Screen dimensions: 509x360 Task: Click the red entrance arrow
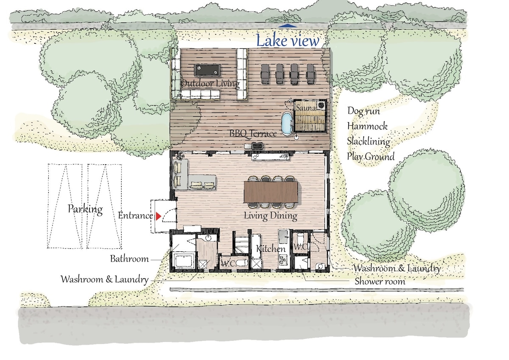point(158,216)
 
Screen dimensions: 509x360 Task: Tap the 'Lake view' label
point(288,40)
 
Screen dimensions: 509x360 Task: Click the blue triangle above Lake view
point(288,26)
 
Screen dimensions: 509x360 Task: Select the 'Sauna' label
point(306,107)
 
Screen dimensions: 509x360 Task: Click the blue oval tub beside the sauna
point(287,123)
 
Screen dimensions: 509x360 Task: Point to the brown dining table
point(271,192)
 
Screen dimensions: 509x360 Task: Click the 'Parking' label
point(85,209)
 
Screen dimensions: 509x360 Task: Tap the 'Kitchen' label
point(271,249)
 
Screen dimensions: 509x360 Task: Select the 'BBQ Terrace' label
point(253,133)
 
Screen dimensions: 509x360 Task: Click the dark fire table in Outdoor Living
point(207,70)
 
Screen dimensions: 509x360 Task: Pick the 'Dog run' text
point(364,111)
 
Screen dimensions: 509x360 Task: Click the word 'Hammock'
point(367,126)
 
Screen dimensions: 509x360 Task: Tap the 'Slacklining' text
point(368,141)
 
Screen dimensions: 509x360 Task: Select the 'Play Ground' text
point(371,157)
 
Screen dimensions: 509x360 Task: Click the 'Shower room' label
point(380,281)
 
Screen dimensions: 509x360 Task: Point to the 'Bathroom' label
point(129,259)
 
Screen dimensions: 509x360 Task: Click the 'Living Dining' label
point(271,216)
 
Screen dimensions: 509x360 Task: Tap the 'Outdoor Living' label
point(210,84)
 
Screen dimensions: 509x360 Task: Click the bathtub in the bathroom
point(183,262)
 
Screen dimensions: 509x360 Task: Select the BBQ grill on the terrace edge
point(258,145)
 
